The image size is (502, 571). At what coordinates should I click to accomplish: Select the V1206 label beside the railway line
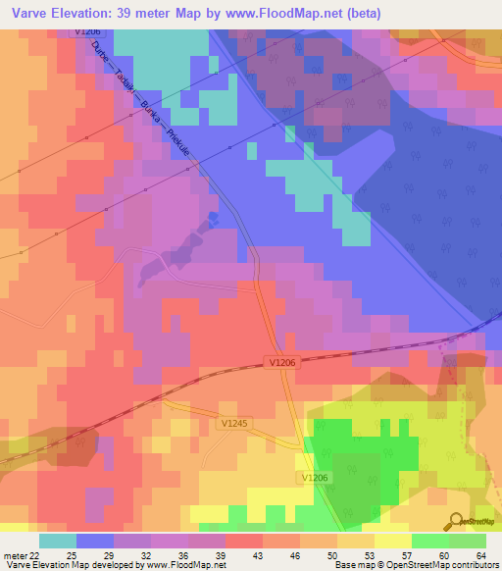tap(281, 362)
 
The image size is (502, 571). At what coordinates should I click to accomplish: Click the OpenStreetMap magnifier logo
tap(454, 520)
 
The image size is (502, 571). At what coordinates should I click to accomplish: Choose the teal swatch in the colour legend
tap(58, 541)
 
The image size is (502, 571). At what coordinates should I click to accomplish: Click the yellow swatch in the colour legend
tap(391, 541)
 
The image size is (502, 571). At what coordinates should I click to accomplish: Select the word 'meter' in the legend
tap(12, 555)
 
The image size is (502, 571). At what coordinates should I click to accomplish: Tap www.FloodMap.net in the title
tap(295, 13)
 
